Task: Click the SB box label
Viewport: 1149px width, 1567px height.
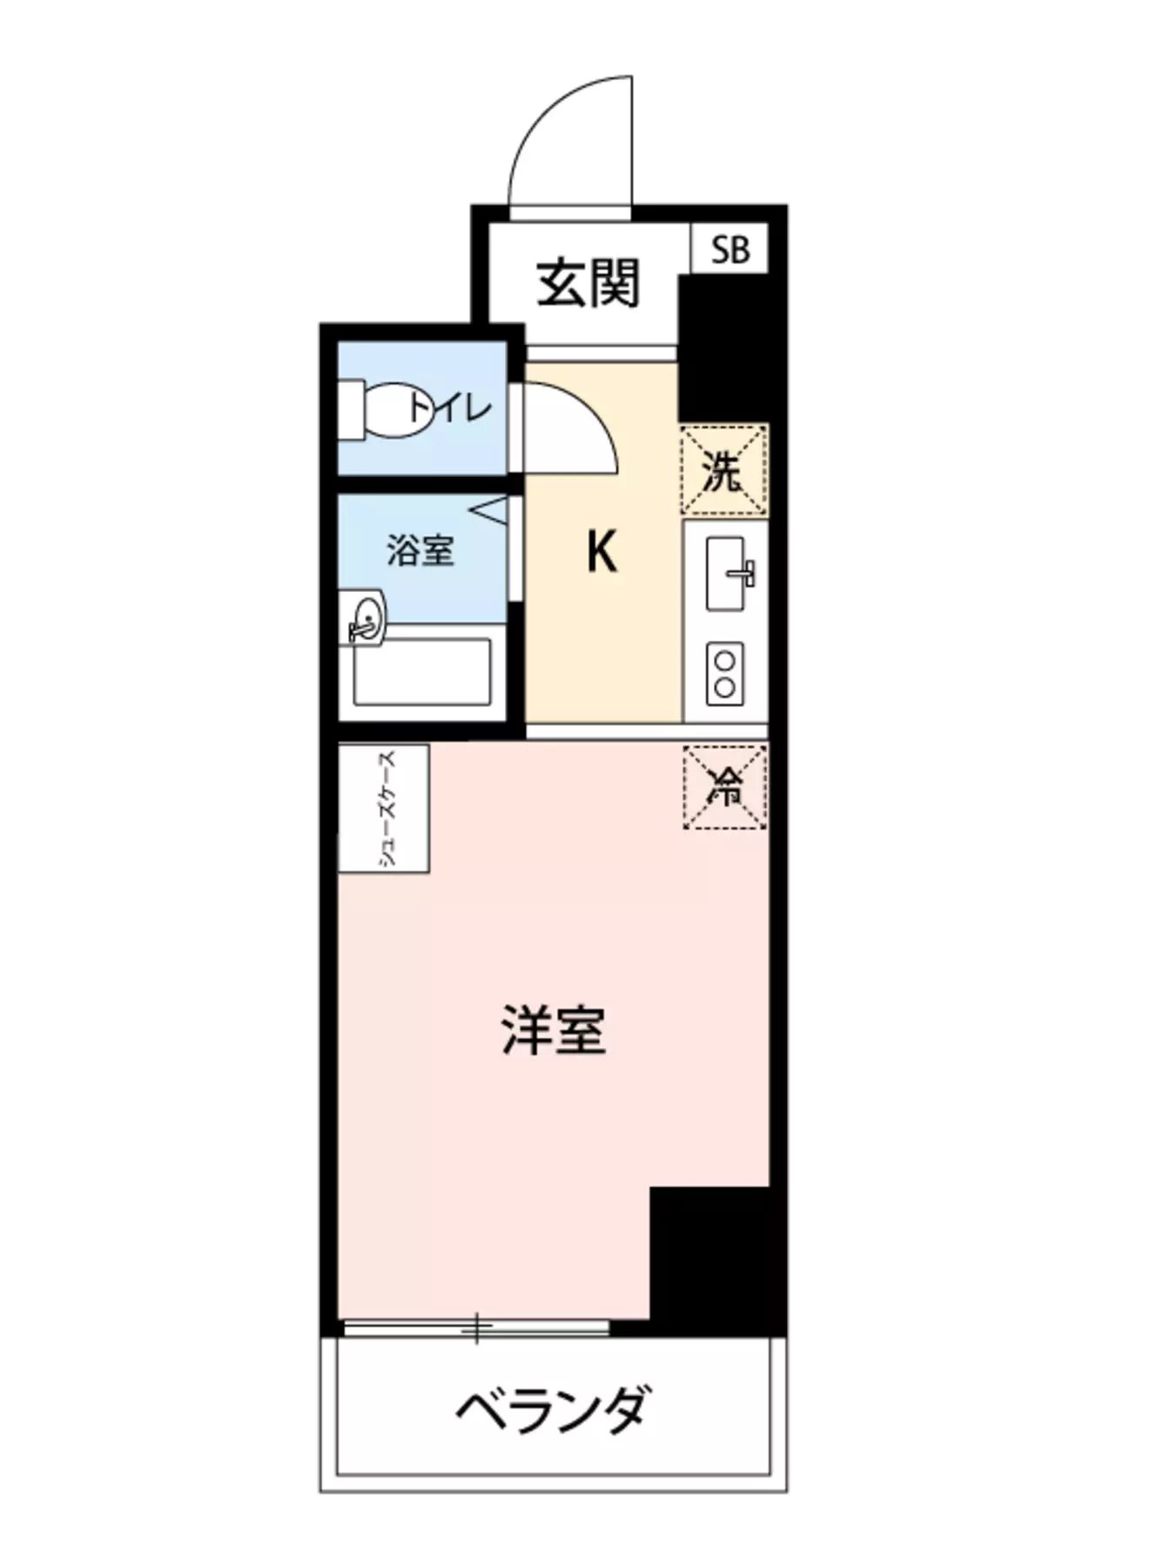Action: [729, 250]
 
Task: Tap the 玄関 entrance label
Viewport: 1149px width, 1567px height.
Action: [588, 283]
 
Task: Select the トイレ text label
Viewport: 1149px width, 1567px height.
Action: [453, 407]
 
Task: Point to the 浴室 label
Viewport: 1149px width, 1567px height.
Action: [420, 550]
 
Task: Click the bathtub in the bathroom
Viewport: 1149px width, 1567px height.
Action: [422, 672]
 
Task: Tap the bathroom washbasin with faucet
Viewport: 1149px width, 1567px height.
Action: [366, 618]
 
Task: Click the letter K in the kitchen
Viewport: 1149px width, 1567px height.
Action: [601, 552]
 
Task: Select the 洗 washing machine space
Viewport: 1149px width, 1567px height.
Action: [723, 471]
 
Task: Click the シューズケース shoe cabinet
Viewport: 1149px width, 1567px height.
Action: [384, 808]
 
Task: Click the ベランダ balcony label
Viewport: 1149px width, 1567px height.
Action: [554, 1409]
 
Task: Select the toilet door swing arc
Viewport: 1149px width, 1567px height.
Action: [570, 428]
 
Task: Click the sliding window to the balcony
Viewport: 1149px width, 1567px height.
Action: [476, 1328]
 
